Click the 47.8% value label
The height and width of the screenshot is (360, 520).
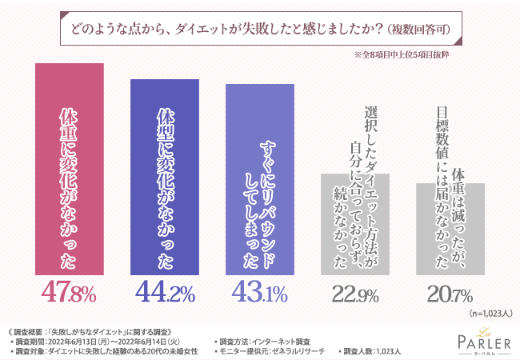click(x=69, y=293)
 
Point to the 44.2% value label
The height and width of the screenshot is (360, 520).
click(x=165, y=293)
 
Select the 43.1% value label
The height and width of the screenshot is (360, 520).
click(x=259, y=293)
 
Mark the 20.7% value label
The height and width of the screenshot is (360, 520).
click(x=450, y=294)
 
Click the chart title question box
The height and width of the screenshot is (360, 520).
click(x=260, y=31)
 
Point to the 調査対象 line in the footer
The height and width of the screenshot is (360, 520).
click(x=104, y=350)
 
